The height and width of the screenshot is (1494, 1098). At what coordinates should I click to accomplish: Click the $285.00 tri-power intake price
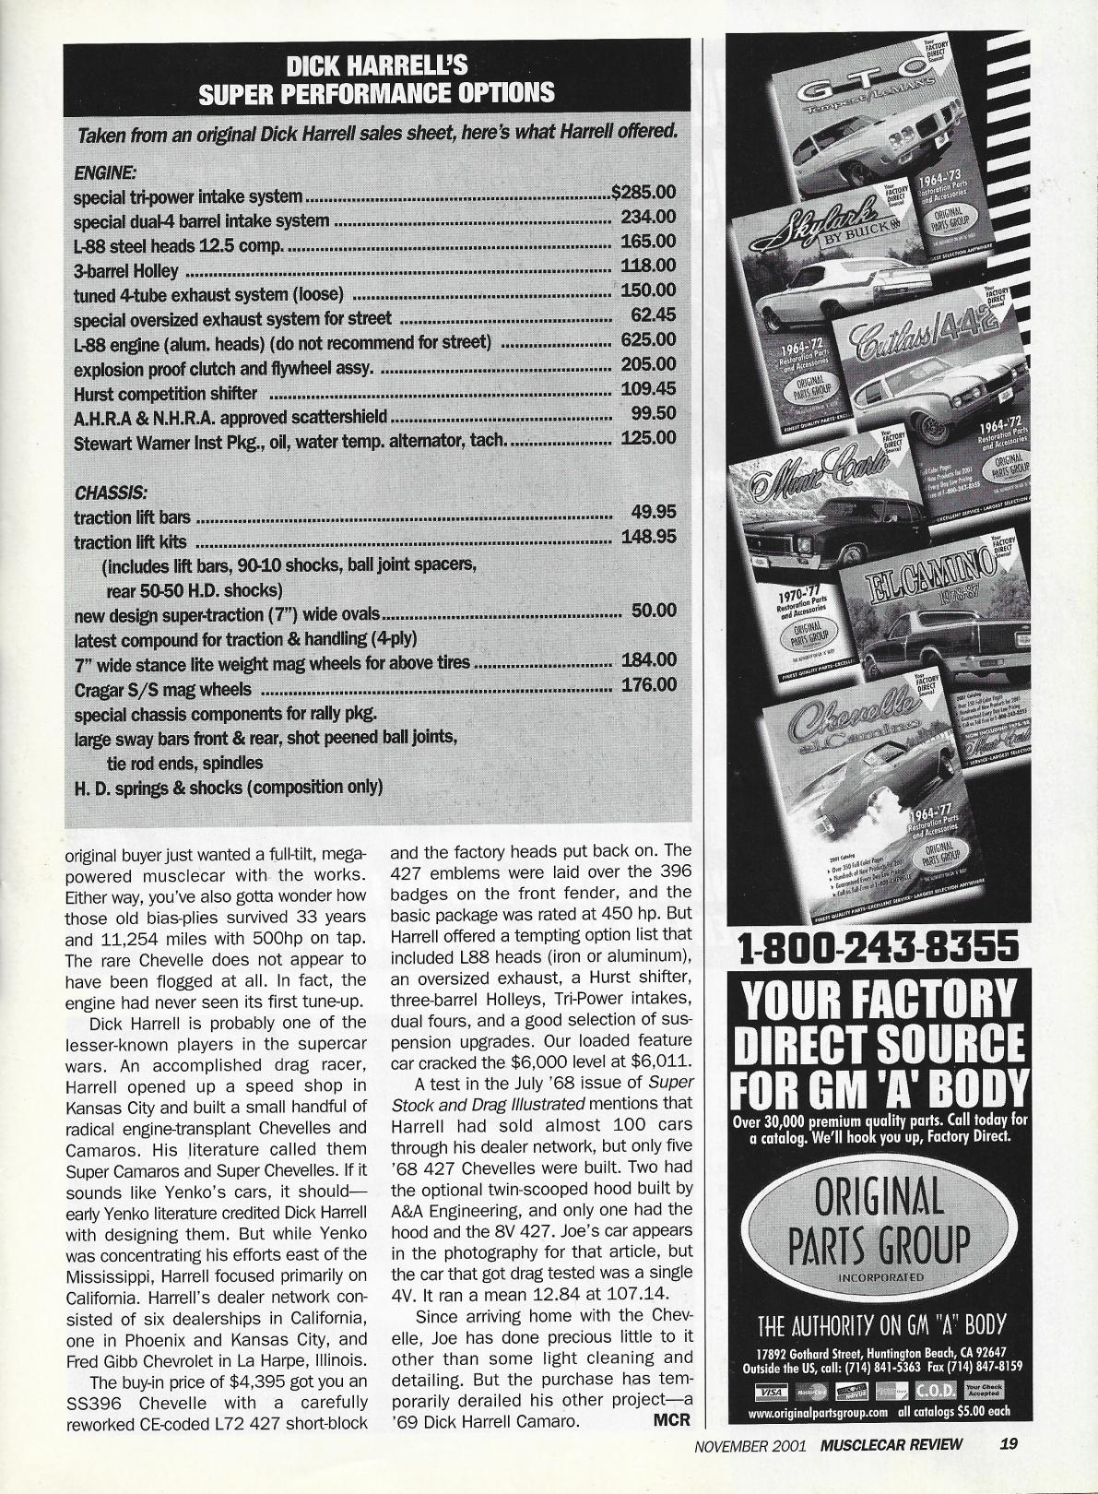coord(643,194)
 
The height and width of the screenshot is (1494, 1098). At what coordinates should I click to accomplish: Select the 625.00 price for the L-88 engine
coord(648,340)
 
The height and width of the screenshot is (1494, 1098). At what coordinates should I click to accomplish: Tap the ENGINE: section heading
coord(104,172)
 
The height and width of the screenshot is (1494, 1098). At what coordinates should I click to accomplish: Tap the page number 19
coord(1009,1444)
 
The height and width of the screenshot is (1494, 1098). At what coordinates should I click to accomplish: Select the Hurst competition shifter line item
coord(165,394)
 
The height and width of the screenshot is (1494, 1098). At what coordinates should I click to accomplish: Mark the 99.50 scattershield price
coord(653,414)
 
